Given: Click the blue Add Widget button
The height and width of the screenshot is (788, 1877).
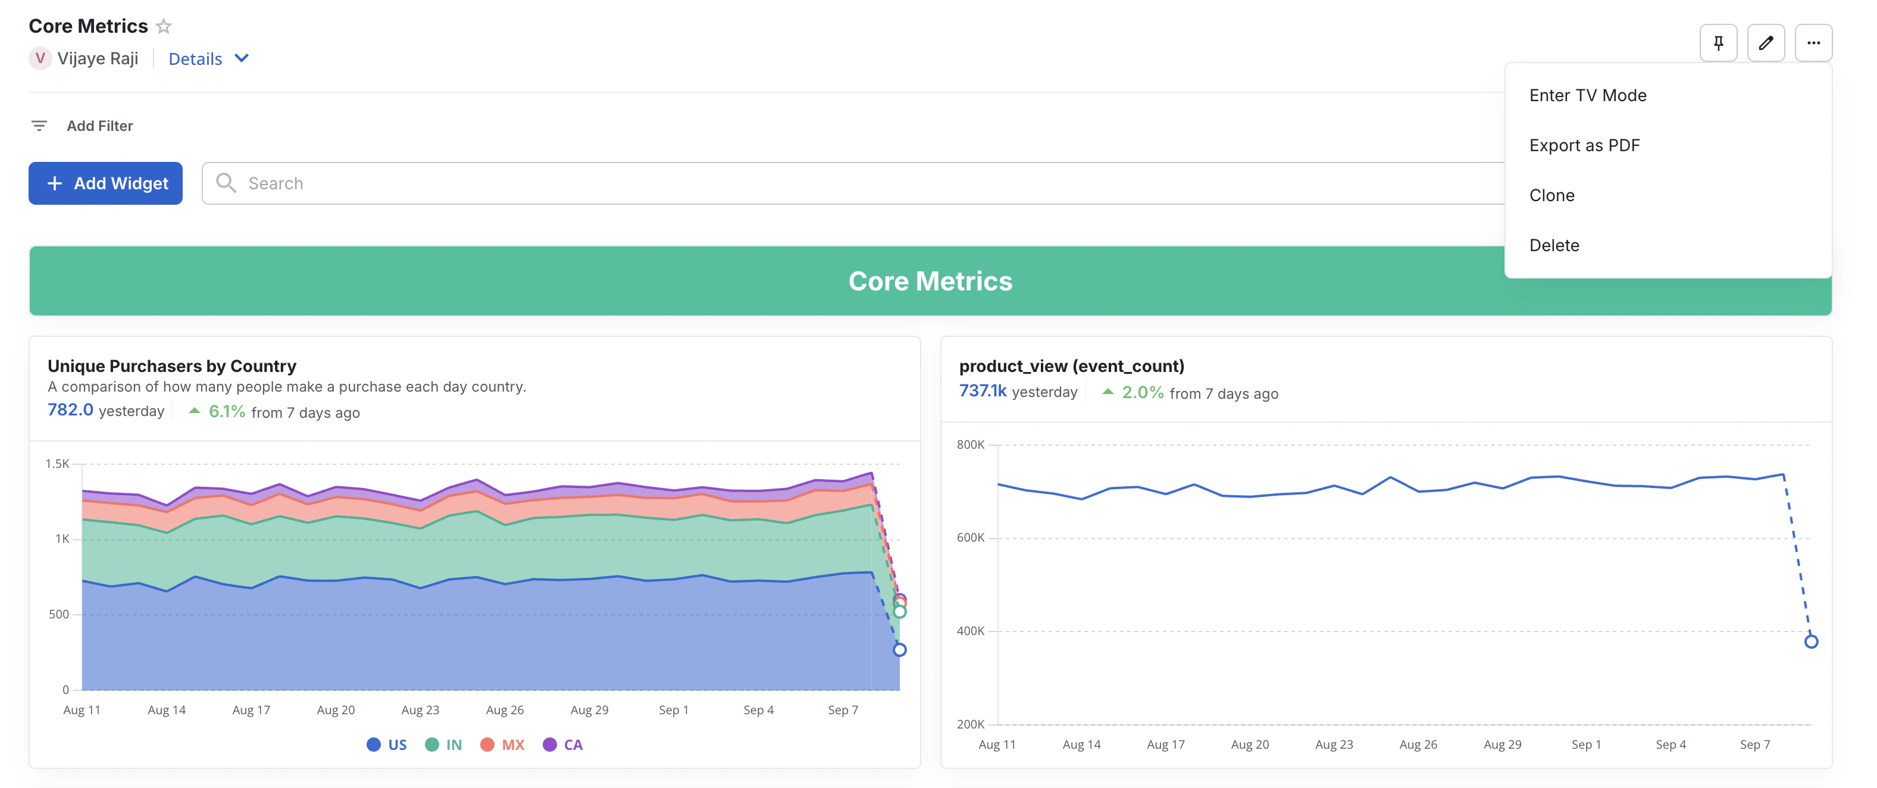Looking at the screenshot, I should [106, 183].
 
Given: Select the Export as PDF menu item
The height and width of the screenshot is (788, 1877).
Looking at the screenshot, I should [1584, 145].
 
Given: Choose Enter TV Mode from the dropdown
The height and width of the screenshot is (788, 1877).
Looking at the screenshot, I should [1587, 95].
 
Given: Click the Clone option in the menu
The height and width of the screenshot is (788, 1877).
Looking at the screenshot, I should [1551, 195].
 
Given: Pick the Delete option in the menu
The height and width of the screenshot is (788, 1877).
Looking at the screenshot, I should [1553, 245].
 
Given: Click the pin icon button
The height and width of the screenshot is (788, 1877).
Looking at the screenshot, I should [1718, 43].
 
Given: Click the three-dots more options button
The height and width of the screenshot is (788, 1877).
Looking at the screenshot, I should [1813, 43].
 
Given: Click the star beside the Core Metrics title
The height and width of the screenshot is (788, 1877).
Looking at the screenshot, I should [164, 26].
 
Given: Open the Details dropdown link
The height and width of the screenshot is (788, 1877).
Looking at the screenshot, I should [208, 59].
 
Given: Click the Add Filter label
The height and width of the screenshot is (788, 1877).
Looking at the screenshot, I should [99, 126].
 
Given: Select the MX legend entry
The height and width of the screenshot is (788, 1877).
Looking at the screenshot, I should [502, 745].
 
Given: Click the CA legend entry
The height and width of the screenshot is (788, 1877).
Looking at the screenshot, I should [562, 745].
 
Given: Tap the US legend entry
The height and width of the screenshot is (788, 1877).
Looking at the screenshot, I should [386, 745].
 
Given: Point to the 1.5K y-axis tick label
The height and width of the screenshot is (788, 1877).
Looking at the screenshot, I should [57, 464].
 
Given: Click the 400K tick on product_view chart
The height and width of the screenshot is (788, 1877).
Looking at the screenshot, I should [970, 630].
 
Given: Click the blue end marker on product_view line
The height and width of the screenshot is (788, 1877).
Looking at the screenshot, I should [1811, 642].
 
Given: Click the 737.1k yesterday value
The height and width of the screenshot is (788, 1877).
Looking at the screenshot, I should [982, 392].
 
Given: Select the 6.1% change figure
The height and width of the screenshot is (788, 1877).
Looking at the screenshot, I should [227, 412].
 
